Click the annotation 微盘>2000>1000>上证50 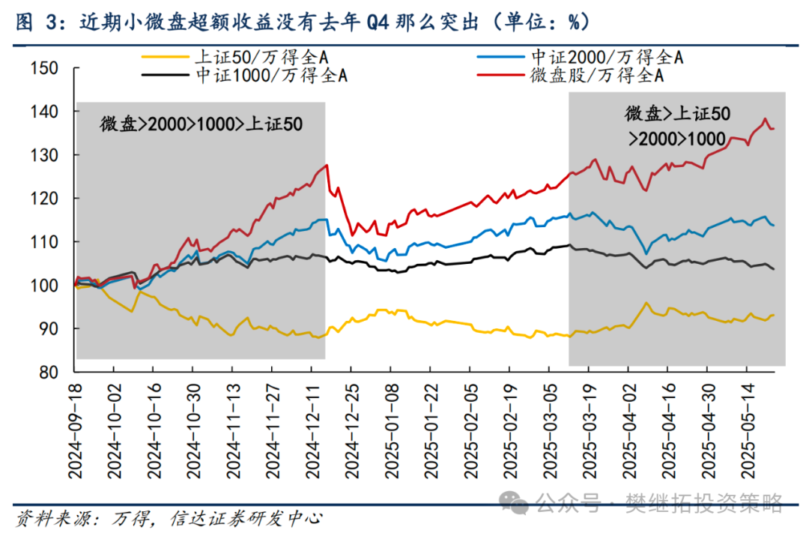[x=202, y=124]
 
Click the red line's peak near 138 [x=765, y=118]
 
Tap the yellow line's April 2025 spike [x=645, y=302]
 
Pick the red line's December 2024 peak [x=326, y=165]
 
